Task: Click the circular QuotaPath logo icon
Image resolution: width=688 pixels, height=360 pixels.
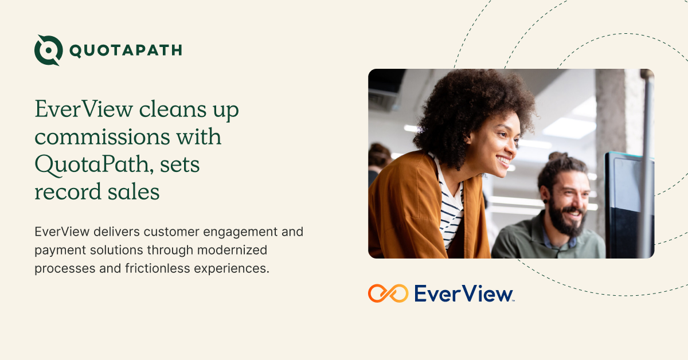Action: coord(48,50)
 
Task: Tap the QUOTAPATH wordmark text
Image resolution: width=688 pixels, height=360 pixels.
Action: coord(126,50)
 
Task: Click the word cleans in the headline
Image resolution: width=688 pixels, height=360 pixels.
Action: coord(165,109)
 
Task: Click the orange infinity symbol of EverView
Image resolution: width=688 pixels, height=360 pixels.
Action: coord(388,293)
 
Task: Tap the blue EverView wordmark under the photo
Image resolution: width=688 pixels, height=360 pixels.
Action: coord(463,294)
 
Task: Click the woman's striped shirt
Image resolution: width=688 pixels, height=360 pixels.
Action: coord(451,212)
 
